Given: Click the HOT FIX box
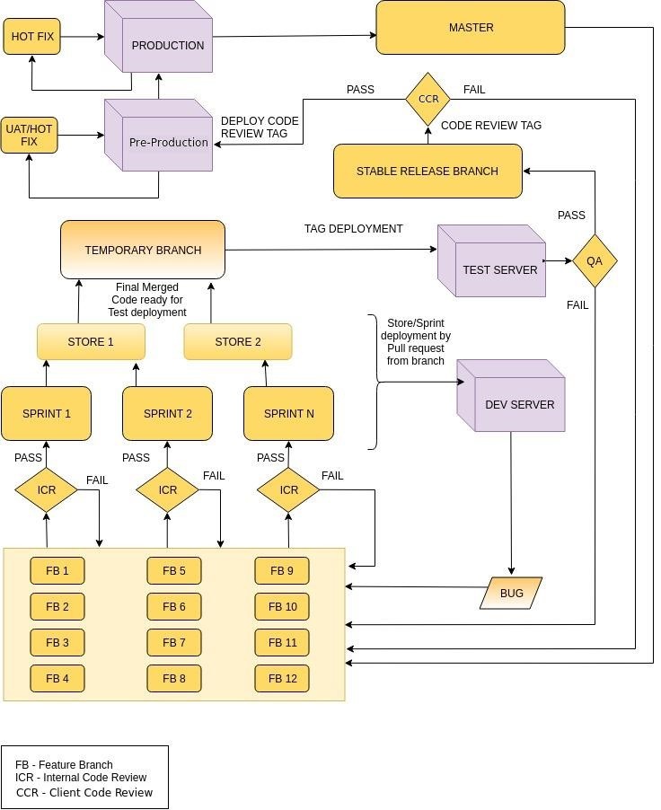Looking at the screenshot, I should click(x=32, y=37).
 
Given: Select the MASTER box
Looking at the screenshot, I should click(x=471, y=28).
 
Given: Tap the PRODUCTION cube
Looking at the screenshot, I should click(x=160, y=41).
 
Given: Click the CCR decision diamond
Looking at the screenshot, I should click(x=427, y=99).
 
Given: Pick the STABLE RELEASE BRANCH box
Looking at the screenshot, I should click(x=427, y=171).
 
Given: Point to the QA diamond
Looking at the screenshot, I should click(x=595, y=261).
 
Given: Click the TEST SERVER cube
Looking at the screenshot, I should click(x=492, y=265).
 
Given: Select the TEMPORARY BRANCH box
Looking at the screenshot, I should click(x=143, y=250).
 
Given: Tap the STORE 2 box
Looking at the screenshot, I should click(x=238, y=342).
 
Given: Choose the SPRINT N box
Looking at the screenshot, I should click(x=288, y=414).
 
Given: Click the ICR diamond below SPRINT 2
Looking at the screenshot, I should click(x=167, y=490).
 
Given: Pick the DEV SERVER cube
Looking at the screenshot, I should click(x=512, y=400).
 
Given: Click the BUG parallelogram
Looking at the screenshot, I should click(x=511, y=594).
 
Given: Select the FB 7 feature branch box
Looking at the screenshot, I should click(x=174, y=643).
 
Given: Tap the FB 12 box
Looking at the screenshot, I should click(x=282, y=679).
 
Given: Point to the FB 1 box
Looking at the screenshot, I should click(x=57, y=571).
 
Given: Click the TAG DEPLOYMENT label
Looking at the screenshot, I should click(x=353, y=229).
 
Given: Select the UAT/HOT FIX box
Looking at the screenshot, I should click(x=29, y=136).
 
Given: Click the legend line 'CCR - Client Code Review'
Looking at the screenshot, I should click(x=84, y=792).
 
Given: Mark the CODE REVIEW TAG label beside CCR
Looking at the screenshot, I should click(x=491, y=126).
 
